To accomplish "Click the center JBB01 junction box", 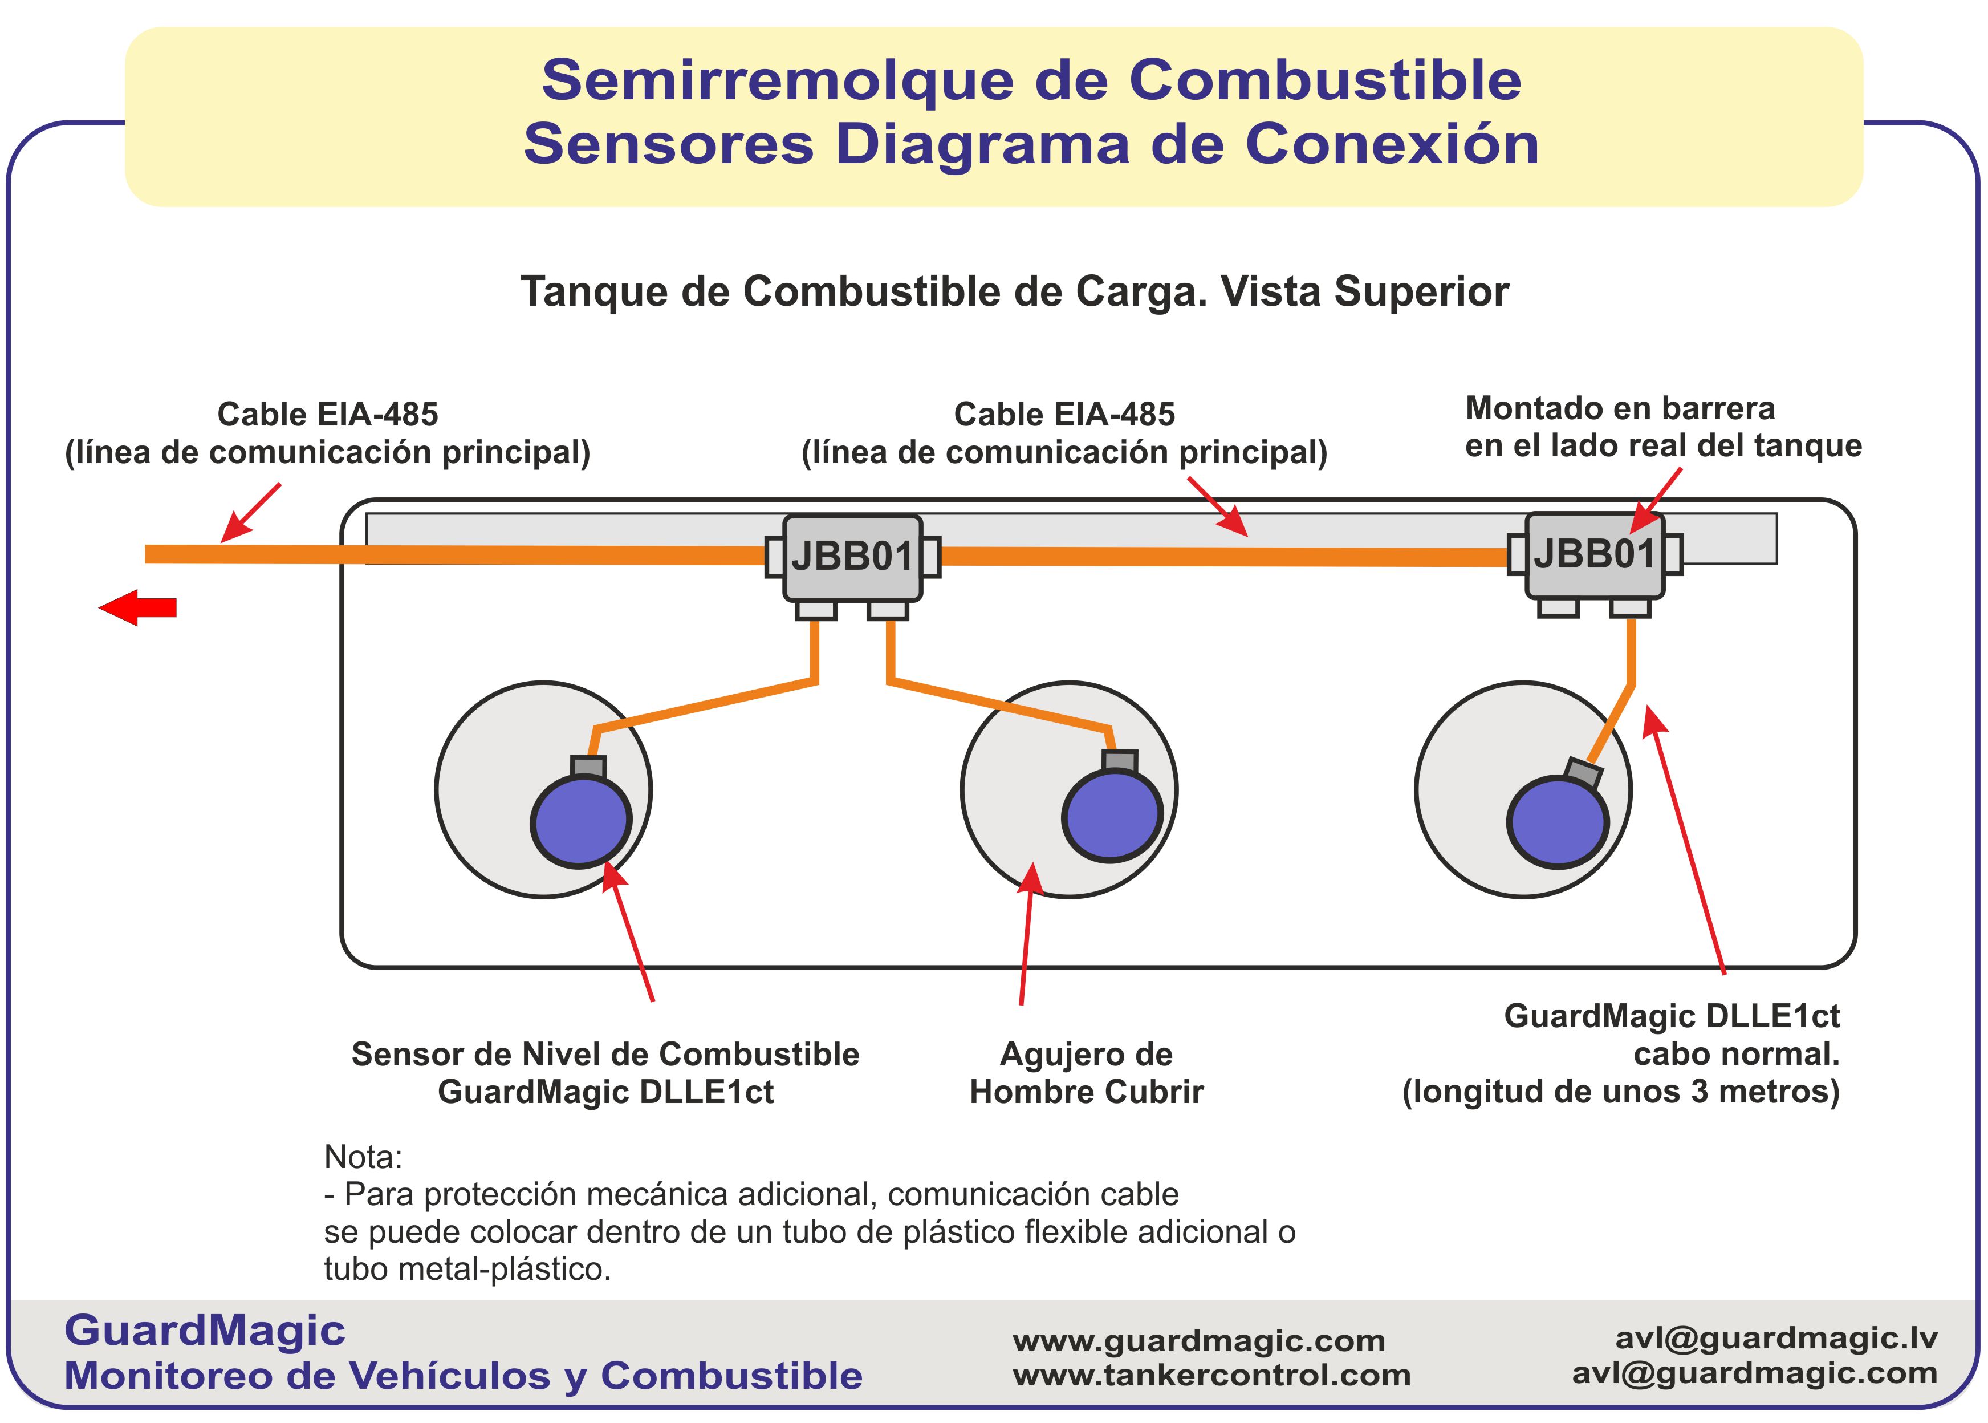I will coord(851,557).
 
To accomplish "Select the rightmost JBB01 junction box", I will coord(1594,554).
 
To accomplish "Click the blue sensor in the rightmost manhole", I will coord(1557,822).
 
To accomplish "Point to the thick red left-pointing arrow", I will coord(139,607).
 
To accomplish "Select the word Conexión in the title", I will coord(1392,144).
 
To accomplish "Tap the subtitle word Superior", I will coord(1421,292).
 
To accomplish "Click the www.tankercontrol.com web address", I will coord(1211,1376).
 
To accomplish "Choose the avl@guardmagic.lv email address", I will coord(1776,1338).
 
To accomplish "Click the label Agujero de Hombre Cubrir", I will coord(1086,1072).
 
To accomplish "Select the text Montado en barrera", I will coord(1620,408).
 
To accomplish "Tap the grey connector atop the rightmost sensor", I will coord(1583,773).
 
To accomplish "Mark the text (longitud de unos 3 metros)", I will coord(1620,1092).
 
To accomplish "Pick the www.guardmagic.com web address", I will coord(1199,1341).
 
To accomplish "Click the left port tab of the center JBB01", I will coord(774,557).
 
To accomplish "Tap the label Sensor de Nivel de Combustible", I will coord(605,1054).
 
